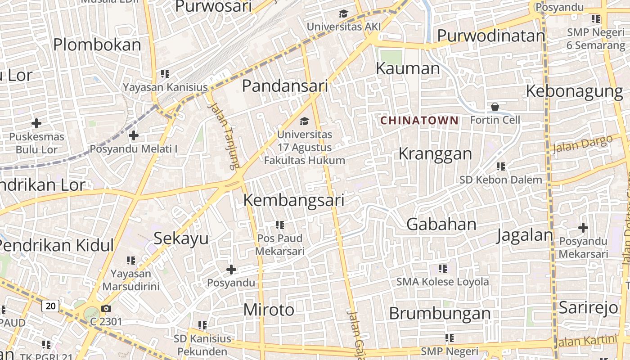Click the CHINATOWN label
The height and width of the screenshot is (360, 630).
click(x=419, y=121)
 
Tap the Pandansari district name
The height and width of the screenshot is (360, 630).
click(x=285, y=85)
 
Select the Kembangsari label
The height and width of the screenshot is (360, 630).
click(x=294, y=200)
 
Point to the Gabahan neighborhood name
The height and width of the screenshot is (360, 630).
click(x=441, y=224)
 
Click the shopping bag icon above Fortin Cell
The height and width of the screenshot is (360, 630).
click(x=495, y=107)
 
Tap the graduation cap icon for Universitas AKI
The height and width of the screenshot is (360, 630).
click(x=344, y=13)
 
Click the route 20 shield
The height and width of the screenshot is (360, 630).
click(x=50, y=306)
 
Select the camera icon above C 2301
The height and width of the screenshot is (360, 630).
click(x=106, y=308)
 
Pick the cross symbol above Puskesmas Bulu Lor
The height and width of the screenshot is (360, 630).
click(x=36, y=123)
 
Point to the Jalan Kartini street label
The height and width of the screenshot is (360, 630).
click(x=586, y=341)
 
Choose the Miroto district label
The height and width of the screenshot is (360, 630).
click(x=269, y=310)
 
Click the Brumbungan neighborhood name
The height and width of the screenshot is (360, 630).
click(x=440, y=313)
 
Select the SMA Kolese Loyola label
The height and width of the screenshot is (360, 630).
click(x=442, y=282)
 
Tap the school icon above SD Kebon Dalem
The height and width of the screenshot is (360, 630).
click(x=501, y=166)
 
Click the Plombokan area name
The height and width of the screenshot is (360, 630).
click(x=97, y=45)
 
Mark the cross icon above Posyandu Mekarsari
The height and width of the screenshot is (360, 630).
click(x=583, y=228)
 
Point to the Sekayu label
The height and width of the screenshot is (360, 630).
click(x=181, y=238)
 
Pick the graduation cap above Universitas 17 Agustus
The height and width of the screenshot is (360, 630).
click(x=305, y=121)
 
